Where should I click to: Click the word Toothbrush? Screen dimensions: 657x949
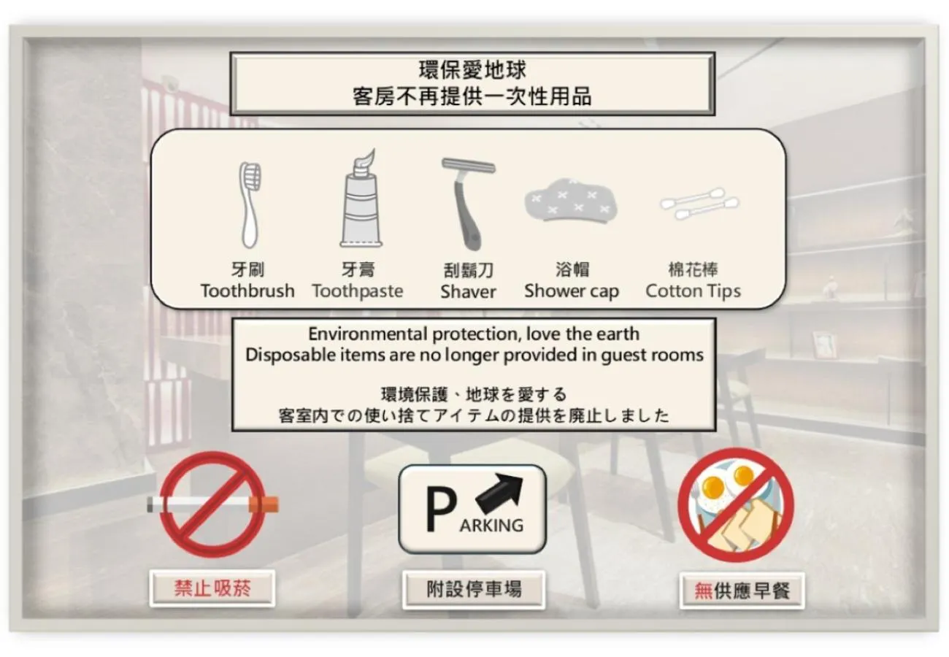247,291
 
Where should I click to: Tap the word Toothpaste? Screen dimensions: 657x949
358,291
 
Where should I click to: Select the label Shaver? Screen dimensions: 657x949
468,292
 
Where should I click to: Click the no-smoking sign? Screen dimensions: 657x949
212,504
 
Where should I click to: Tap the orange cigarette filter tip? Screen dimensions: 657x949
264,504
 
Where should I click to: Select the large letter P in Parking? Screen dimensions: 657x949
441,510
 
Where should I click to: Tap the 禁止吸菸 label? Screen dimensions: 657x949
212,588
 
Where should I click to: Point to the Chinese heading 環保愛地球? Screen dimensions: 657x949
472,71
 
